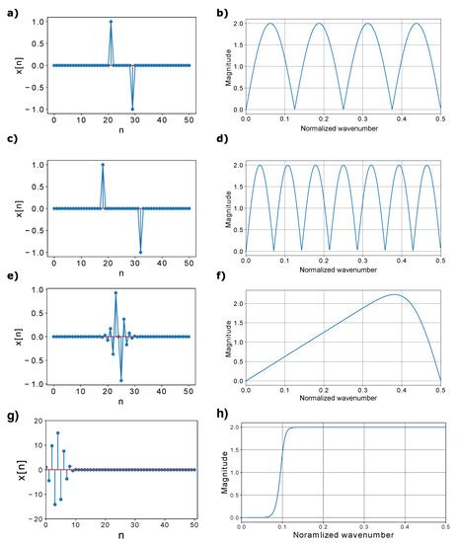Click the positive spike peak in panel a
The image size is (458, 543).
111,21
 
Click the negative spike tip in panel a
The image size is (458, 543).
132,109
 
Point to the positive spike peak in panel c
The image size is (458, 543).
102,164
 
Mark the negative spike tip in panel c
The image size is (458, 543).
140,252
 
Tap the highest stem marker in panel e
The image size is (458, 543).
116,293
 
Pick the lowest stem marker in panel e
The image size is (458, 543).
121,380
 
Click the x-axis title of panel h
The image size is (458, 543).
345,537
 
